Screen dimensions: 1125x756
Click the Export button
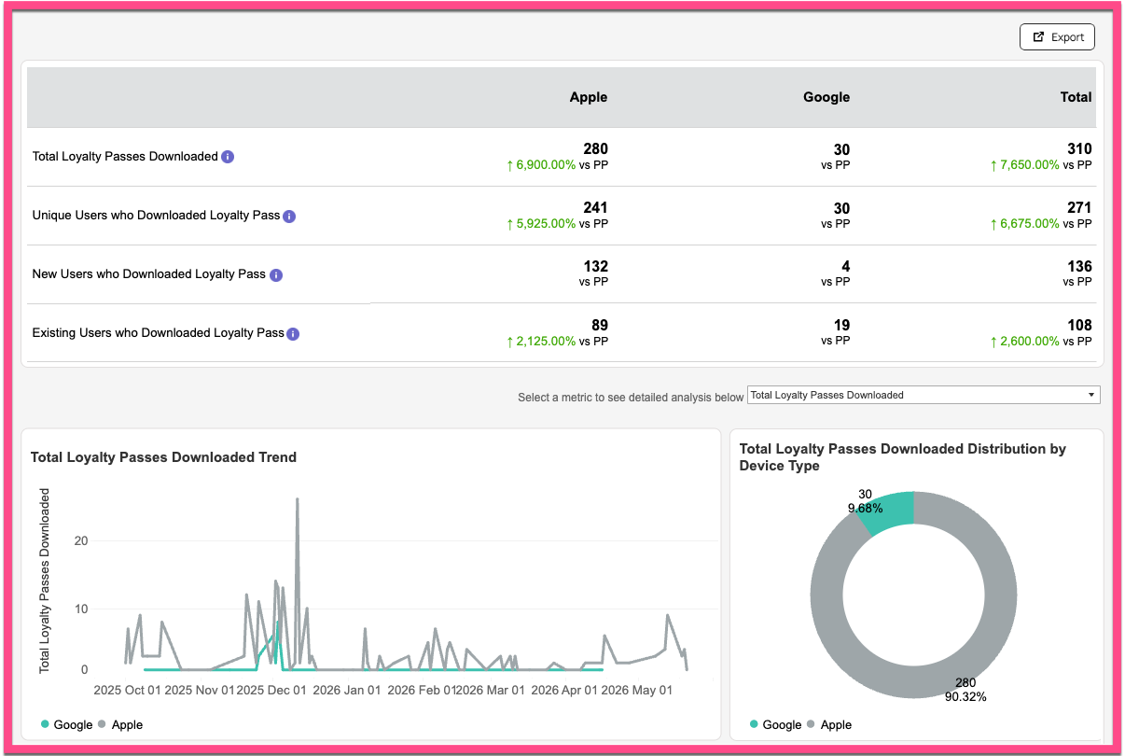point(1057,36)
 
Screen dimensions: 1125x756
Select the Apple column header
point(588,97)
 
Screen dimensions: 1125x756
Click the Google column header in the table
point(826,97)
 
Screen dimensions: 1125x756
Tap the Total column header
point(1076,97)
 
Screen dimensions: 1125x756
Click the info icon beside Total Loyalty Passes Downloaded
point(228,157)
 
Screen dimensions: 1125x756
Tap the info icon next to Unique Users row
point(289,217)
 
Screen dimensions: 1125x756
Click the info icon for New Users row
point(276,275)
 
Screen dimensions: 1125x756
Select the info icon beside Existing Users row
point(293,334)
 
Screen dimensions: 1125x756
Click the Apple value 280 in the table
point(596,148)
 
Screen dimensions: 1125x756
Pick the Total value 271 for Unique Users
point(1079,207)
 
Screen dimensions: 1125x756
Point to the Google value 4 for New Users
point(846,266)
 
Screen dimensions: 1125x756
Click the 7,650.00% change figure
point(1029,165)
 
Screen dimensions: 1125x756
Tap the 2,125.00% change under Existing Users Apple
point(546,342)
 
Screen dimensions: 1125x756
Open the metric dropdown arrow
point(1090,395)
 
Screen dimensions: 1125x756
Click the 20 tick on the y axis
point(81,540)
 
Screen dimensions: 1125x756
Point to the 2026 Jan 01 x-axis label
point(346,690)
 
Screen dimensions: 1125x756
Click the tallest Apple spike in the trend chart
point(298,499)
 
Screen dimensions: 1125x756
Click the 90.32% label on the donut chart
point(965,696)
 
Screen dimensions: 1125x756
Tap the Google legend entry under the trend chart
point(67,725)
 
